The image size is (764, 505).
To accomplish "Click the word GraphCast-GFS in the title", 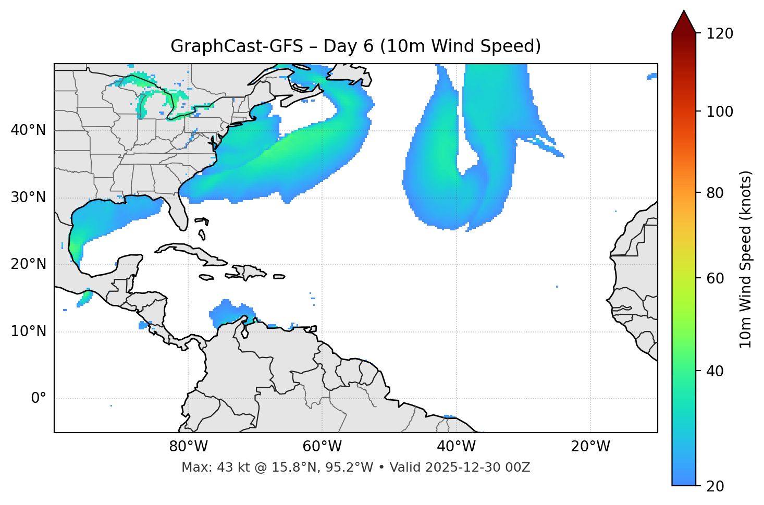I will click(237, 46).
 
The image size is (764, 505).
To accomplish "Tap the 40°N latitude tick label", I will click(28, 130).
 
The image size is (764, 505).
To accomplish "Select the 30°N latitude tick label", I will click(28, 198).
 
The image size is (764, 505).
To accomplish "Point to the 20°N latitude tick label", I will click(28, 264).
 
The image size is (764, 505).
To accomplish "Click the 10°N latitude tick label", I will click(28, 331).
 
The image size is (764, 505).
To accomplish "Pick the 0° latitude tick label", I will click(39, 399).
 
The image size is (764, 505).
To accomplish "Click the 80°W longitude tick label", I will click(188, 447).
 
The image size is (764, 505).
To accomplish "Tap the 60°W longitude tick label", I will click(322, 447).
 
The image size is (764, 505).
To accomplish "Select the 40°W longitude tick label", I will click(456, 447).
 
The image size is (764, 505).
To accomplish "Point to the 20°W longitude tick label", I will click(590, 447).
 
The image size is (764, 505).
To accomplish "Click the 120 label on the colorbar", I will click(720, 34).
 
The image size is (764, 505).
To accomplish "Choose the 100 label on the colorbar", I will click(720, 112).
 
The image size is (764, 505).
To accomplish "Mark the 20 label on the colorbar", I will click(715, 486).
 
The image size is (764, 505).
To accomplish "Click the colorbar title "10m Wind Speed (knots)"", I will click(746, 259).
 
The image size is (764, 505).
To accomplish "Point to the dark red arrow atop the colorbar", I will click(684, 22).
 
